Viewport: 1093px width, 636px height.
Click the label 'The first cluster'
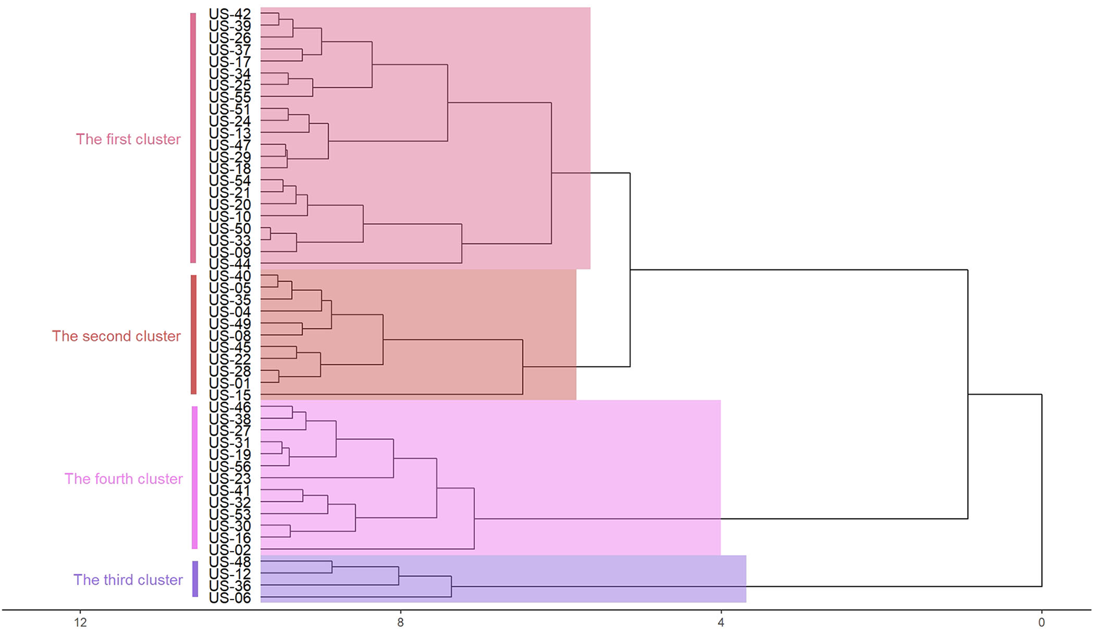(128, 139)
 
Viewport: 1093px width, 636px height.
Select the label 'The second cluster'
(116, 336)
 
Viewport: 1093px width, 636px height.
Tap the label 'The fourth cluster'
(123, 479)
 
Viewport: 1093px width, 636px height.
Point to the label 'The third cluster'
(128, 580)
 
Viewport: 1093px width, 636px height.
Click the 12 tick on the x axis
(80, 622)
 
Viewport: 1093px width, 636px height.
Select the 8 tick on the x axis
(400, 622)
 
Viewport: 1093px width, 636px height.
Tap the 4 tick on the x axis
(720, 622)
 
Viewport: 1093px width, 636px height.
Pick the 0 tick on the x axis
(1041, 622)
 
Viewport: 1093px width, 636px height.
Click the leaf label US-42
(229, 14)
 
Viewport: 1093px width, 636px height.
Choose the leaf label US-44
(229, 264)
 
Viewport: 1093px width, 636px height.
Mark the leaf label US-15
(229, 395)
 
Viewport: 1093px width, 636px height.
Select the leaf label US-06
(229, 598)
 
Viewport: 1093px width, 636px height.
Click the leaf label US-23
(229, 478)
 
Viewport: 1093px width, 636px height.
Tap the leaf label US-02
(229, 550)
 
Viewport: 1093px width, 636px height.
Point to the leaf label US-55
(229, 97)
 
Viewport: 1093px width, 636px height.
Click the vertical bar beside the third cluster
(195, 579)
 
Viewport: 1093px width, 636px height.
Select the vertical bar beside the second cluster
(194, 335)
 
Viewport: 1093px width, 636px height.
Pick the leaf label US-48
(229, 562)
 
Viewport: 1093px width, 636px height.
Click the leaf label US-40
(229, 276)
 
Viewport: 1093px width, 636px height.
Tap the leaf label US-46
(229, 407)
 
